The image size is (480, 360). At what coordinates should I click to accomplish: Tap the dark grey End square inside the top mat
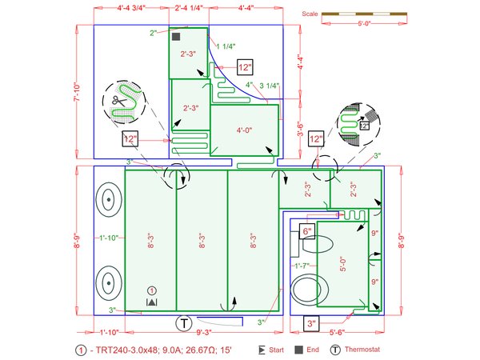(x=176, y=37)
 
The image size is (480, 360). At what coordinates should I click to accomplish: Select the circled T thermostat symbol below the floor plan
(x=184, y=323)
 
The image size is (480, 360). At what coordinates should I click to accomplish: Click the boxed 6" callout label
(x=307, y=231)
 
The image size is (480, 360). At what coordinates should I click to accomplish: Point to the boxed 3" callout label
(x=311, y=323)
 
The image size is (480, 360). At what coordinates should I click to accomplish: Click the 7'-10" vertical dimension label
(x=77, y=92)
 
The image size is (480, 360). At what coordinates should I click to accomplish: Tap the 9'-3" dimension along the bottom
(x=203, y=332)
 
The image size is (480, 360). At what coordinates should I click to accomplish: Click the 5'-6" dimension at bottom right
(x=337, y=332)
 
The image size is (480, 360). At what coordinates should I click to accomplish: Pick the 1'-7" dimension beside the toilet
(x=302, y=266)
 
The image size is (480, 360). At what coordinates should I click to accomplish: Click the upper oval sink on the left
(x=109, y=199)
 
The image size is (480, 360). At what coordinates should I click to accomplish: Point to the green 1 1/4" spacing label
(x=226, y=46)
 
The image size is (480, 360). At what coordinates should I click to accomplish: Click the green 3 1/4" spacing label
(x=270, y=86)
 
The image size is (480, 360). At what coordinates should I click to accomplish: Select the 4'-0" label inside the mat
(x=244, y=130)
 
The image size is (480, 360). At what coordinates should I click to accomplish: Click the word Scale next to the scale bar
(x=310, y=14)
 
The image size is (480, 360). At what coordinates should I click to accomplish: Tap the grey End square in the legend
(x=298, y=350)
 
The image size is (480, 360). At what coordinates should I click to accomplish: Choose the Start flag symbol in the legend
(x=262, y=350)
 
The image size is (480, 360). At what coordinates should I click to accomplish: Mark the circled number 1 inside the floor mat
(x=152, y=290)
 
